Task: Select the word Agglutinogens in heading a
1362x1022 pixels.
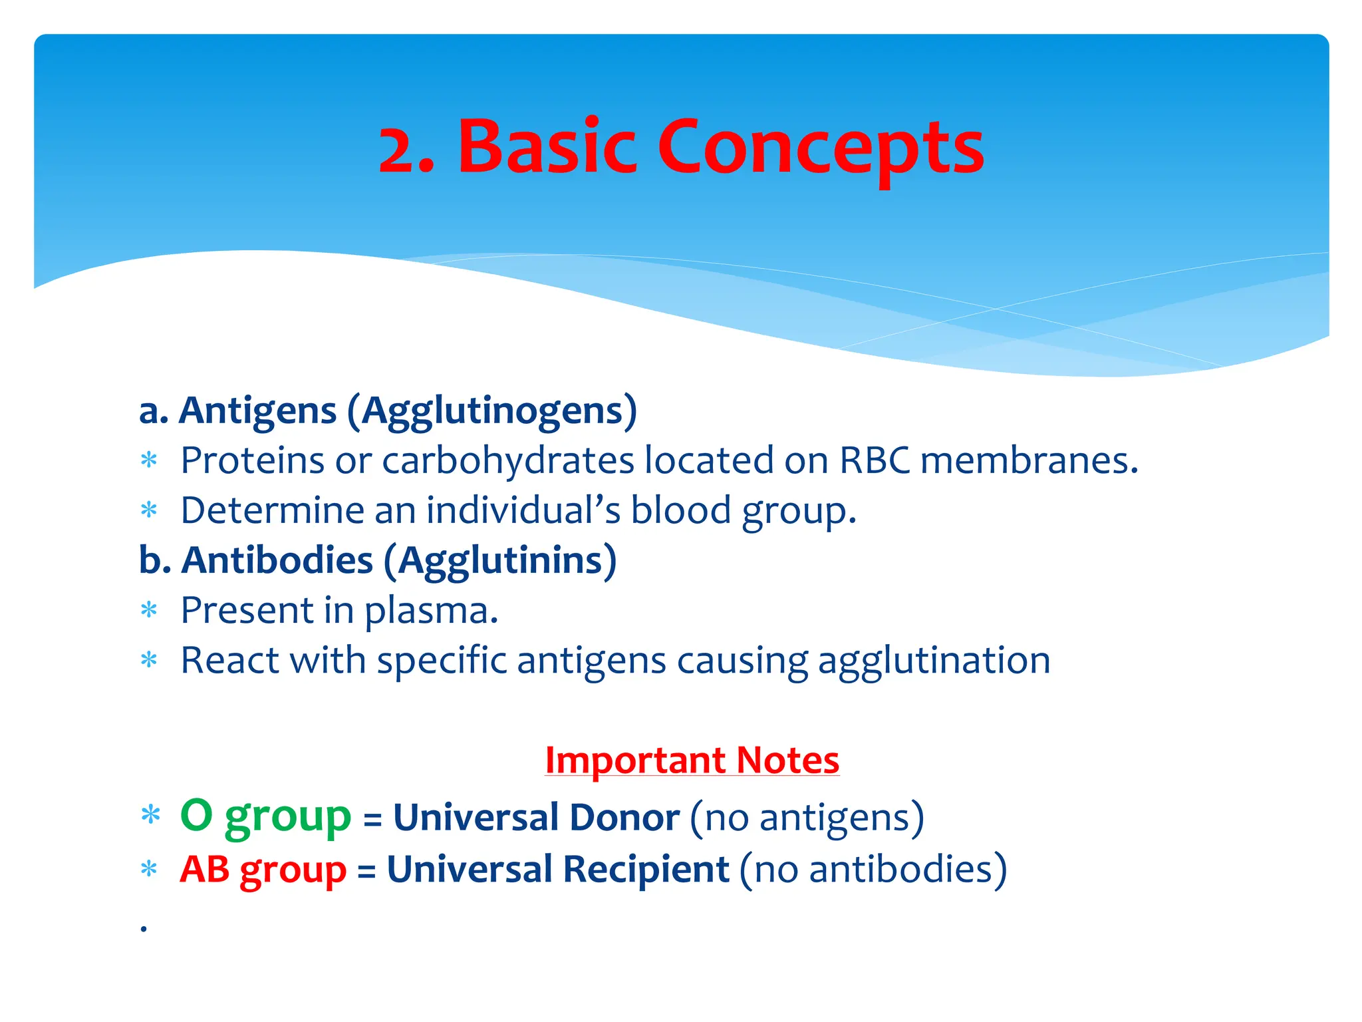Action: tap(492, 411)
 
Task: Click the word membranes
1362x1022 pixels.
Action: tap(1029, 460)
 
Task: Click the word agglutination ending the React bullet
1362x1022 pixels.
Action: tap(934, 661)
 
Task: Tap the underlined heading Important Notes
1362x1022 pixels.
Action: tap(692, 760)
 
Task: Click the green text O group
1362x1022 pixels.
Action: tap(265, 817)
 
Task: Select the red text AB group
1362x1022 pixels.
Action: tap(263, 870)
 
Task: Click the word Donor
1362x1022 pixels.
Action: tap(624, 817)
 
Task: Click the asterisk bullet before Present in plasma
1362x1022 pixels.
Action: tap(149, 610)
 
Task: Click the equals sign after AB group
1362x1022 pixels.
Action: tap(366, 871)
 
